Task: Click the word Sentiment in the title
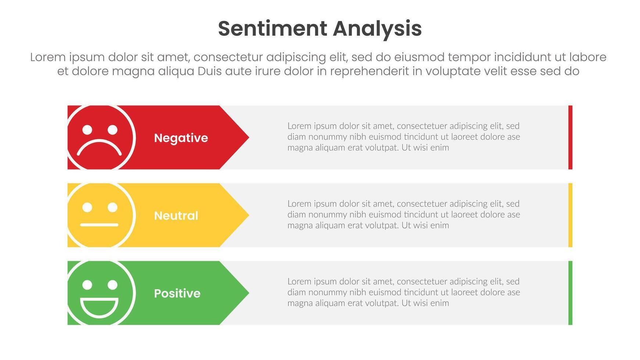click(x=272, y=29)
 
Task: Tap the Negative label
click(x=181, y=138)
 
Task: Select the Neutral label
click(x=176, y=216)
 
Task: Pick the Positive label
click(x=177, y=293)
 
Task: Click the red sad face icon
click(x=101, y=137)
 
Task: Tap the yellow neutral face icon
click(x=101, y=215)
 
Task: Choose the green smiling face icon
click(x=101, y=293)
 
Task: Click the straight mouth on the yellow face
click(x=99, y=224)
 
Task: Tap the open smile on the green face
click(x=99, y=308)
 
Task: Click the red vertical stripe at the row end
click(x=570, y=137)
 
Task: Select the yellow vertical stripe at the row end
click(x=570, y=215)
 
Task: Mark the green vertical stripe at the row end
click(x=570, y=293)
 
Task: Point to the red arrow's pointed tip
click(x=249, y=137)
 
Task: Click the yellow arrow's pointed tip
click(x=249, y=215)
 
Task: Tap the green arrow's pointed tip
click(x=249, y=293)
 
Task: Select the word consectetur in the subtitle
click(x=228, y=57)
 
